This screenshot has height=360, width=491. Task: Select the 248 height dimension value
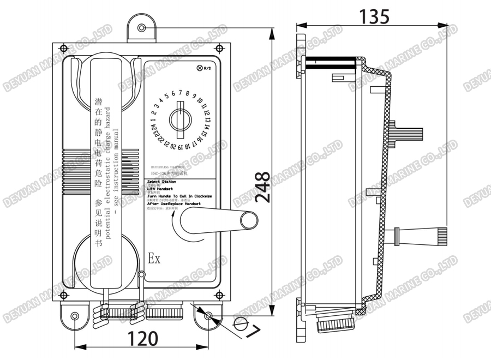(x=262, y=187)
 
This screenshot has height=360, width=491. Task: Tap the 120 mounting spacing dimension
(x=143, y=339)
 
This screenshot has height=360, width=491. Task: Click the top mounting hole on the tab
(x=142, y=28)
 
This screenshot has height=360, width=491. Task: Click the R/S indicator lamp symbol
(x=199, y=68)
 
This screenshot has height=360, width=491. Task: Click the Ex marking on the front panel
(x=154, y=259)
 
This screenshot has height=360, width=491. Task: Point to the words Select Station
(x=161, y=182)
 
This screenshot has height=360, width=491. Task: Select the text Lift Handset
(x=160, y=189)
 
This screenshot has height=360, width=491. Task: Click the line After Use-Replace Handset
(x=173, y=203)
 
